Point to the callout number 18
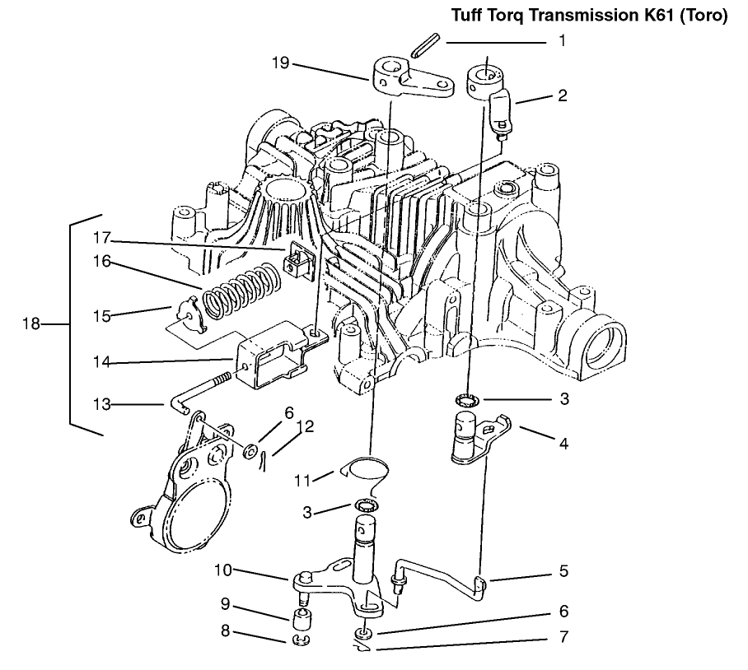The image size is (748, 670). click(30, 323)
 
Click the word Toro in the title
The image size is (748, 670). click(705, 16)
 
